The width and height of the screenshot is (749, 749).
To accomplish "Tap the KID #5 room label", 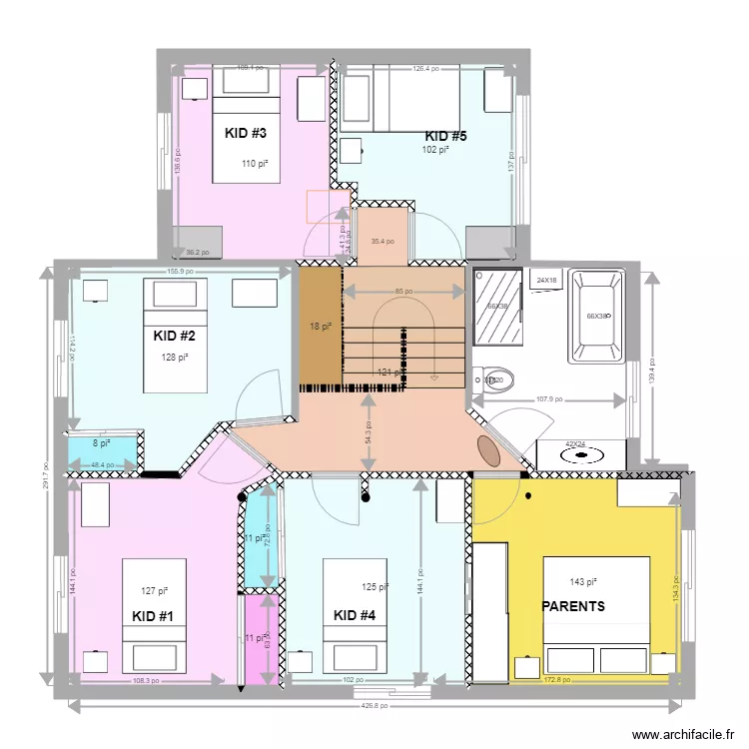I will click(x=445, y=136).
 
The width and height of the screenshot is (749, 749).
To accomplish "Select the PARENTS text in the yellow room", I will click(x=573, y=606).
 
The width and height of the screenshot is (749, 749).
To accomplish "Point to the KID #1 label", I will click(x=153, y=616).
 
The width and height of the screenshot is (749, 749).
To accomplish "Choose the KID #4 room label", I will click(x=355, y=615).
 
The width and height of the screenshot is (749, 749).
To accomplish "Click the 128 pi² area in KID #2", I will click(x=175, y=357).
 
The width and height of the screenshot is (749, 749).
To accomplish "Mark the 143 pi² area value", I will click(x=582, y=581).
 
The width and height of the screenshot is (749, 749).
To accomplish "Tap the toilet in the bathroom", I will click(x=496, y=379).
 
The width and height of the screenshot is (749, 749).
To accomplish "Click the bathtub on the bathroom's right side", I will click(x=596, y=317).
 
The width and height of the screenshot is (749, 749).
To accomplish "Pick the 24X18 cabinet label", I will click(x=547, y=281).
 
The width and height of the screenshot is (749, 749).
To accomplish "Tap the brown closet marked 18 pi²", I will click(x=320, y=327).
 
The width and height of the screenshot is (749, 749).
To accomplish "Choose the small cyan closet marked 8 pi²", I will click(x=102, y=444).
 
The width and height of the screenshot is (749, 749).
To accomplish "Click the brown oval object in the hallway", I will click(x=489, y=449).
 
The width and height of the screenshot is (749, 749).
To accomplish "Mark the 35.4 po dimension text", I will click(x=382, y=241).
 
